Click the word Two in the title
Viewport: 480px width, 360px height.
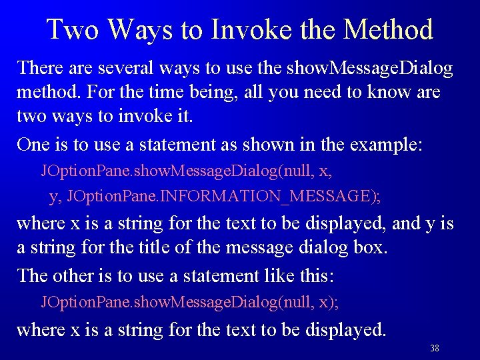point(71,29)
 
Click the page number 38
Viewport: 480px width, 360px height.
point(435,349)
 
